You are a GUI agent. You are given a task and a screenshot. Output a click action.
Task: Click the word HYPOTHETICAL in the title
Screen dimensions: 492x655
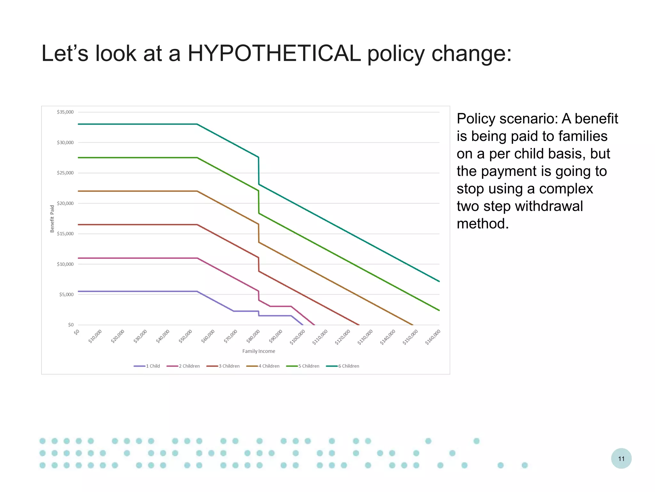pos(274,53)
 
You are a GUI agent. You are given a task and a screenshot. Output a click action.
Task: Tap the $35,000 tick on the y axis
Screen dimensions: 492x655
pos(65,112)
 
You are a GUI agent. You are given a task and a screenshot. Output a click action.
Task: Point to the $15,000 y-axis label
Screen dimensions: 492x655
pos(65,234)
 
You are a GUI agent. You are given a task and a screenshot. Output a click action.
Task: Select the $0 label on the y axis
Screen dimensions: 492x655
pos(71,325)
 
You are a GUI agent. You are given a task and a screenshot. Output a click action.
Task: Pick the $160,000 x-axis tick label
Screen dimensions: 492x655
pos(433,337)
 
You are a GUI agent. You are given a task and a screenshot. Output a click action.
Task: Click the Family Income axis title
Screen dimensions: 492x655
pos(258,351)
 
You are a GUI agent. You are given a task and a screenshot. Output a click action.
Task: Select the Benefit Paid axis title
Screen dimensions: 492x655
pos(52,219)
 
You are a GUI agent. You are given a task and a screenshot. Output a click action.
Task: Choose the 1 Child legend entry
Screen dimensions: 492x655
pos(147,366)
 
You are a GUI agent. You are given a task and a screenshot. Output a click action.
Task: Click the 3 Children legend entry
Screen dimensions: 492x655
pos(223,366)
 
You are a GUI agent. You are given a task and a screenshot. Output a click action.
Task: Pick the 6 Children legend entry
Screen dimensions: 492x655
pos(343,366)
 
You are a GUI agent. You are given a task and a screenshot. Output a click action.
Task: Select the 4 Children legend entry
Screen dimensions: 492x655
pos(263,366)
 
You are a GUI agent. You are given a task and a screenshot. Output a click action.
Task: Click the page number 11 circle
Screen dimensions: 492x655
pos(621,458)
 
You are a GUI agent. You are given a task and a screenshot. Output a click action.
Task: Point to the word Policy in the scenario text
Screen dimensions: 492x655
pos(476,119)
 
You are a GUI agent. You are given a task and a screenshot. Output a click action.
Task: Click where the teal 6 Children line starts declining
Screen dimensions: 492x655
pos(197,124)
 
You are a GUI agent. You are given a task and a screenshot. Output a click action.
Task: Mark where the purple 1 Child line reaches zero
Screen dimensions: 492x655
pos(303,325)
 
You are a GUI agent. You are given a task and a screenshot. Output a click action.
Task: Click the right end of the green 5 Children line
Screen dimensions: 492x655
pos(439,310)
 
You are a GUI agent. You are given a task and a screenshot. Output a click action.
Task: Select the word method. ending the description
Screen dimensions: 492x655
pos(483,224)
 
